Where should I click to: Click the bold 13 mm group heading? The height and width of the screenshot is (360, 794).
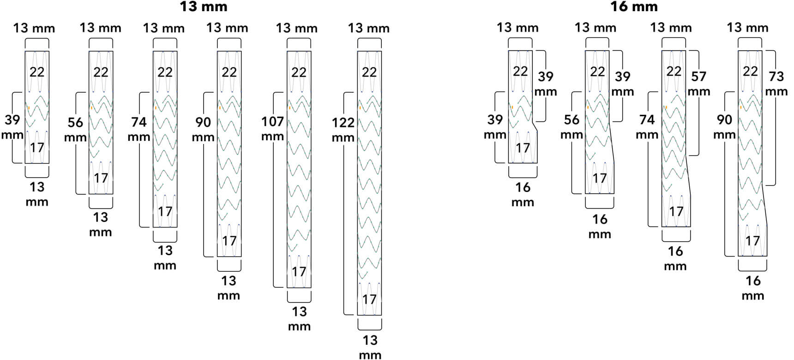click(203, 7)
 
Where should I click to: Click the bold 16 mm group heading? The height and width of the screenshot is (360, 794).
click(634, 7)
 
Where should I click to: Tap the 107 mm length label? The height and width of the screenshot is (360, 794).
click(272, 129)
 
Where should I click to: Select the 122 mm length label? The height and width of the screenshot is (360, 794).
click(343, 130)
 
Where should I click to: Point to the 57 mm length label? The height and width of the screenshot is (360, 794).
click(699, 84)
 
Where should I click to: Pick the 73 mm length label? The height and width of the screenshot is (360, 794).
click(776, 84)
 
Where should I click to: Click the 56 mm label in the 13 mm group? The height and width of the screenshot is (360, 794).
click(75, 130)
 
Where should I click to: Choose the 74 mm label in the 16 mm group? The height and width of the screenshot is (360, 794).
click(647, 127)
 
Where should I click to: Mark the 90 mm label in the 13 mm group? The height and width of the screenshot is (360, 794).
click(203, 130)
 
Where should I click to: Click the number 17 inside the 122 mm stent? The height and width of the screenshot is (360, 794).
click(369, 300)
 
